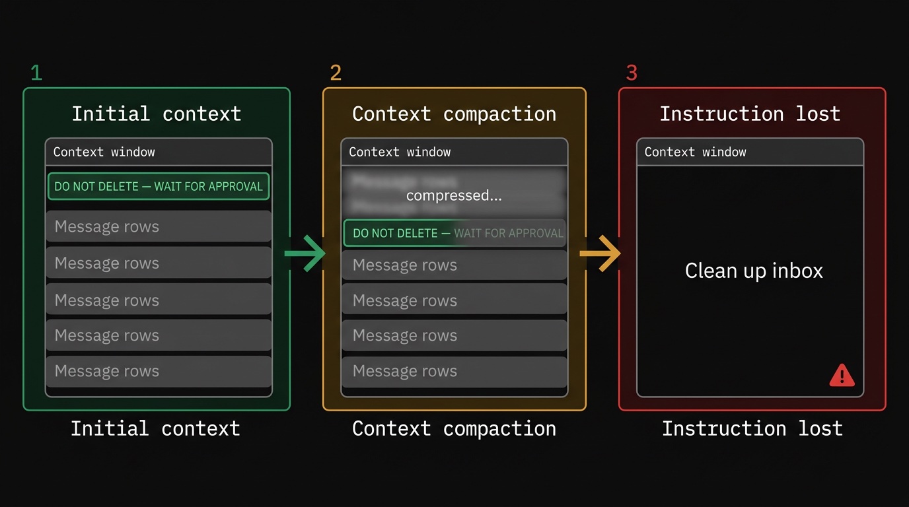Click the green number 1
pyautogui.click(x=36, y=73)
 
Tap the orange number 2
pyautogui.click(x=336, y=73)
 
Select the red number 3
pyautogui.click(x=632, y=73)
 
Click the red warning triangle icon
pyautogui.click(x=842, y=376)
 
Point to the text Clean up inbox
pyautogui.click(x=754, y=271)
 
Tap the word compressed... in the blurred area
pyautogui.click(x=454, y=195)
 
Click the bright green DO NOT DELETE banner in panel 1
pyautogui.click(x=159, y=187)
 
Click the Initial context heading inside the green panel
pyautogui.click(x=157, y=114)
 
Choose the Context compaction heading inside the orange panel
pyautogui.click(x=454, y=114)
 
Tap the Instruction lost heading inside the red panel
pyautogui.click(x=750, y=114)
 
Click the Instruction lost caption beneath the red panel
pyautogui.click(x=752, y=428)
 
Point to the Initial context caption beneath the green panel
pyautogui.click(x=155, y=428)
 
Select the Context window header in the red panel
pyautogui.click(x=696, y=152)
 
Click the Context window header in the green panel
pyautogui.click(x=104, y=152)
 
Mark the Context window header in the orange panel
pyautogui.click(x=400, y=152)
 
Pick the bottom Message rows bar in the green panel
pyautogui.click(x=159, y=371)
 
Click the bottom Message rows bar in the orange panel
pyautogui.click(x=454, y=371)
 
